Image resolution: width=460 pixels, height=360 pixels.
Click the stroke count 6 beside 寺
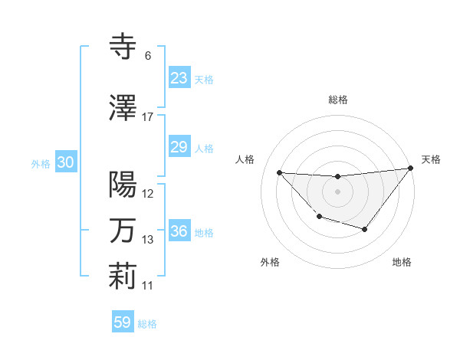tap(147, 56)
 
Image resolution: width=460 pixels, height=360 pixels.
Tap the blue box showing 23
tap(179, 78)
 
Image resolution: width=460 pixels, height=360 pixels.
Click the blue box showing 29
tap(179, 147)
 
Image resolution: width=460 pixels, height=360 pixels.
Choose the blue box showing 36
tap(179, 231)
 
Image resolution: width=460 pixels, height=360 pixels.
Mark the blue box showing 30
tap(65, 162)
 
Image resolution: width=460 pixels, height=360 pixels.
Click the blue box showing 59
tap(122, 322)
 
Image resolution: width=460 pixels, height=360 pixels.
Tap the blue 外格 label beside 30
tap(41, 163)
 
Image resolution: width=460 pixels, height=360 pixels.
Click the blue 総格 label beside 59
tap(147, 324)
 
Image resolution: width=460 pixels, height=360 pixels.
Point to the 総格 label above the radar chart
tap(337, 100)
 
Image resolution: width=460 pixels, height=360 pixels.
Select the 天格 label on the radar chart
tap(431, 159)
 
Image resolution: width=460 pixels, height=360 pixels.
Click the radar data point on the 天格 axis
tap(410, 168)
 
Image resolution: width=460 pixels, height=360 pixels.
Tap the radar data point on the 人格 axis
tap(279, 172)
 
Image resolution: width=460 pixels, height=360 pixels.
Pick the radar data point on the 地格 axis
tap(365, 229)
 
